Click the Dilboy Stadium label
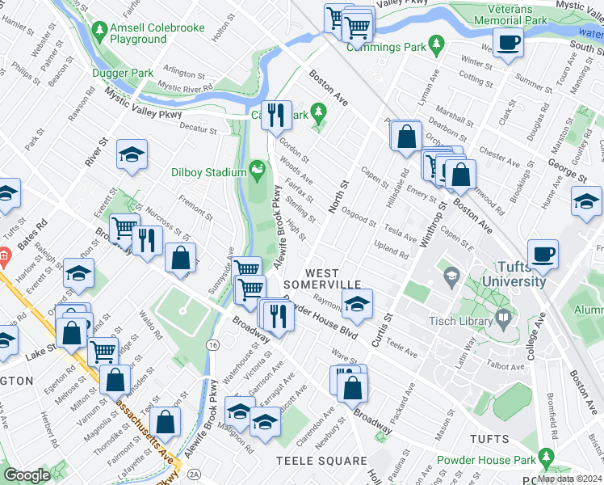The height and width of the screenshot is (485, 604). tap(208, 172)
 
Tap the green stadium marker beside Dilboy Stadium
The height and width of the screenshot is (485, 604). tap(258, 169)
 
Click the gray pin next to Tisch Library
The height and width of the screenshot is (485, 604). tap(505, 316)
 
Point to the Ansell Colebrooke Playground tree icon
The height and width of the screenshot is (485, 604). tap(100, 31)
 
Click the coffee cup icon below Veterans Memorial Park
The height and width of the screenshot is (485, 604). tap(508, 42)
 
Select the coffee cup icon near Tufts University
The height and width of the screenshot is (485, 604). tap(542, 254)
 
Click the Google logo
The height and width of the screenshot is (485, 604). tap(27, 475)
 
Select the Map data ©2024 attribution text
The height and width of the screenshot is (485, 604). tap(568, 479)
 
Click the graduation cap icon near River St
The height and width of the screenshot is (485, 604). tap(132, 154)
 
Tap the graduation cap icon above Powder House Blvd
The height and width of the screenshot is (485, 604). tap(356, 303)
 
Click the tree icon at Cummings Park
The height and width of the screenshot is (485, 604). tap(437, 42)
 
